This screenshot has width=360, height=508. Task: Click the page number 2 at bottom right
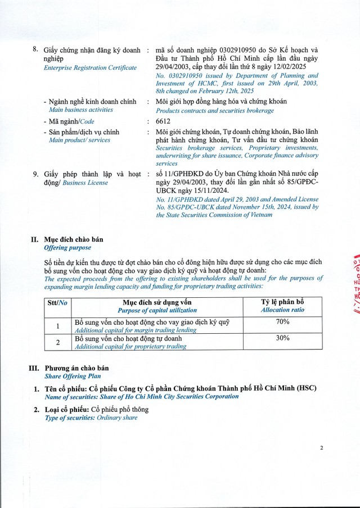tap(322, 448)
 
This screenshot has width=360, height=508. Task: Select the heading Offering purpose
tap(67, 247)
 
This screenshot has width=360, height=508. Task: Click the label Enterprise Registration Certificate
tap(90, 67)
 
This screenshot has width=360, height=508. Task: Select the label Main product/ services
tap(77, 140)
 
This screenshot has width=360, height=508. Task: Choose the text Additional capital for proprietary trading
tap(130, 346)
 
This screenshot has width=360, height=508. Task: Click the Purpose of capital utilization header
tap(157, 310)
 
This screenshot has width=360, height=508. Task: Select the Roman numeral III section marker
tap(33, 368)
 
